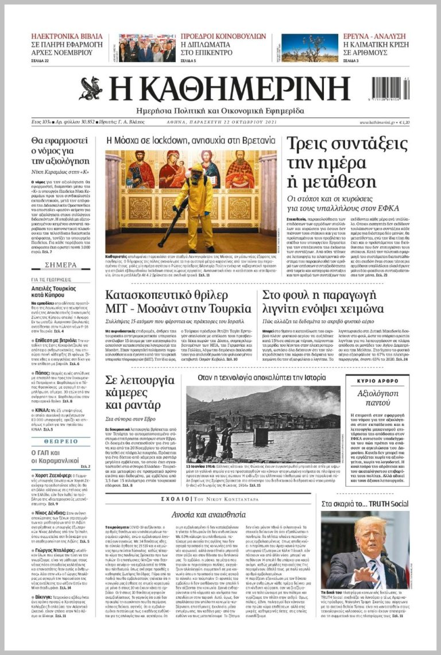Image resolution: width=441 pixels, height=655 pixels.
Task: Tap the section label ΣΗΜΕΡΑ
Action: [x=60, y=265]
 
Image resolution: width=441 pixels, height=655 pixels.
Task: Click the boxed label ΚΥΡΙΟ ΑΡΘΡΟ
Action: [x=377, y=381]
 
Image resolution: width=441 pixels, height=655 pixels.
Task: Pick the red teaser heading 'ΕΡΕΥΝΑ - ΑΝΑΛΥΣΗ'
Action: [x=374, y=36]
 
